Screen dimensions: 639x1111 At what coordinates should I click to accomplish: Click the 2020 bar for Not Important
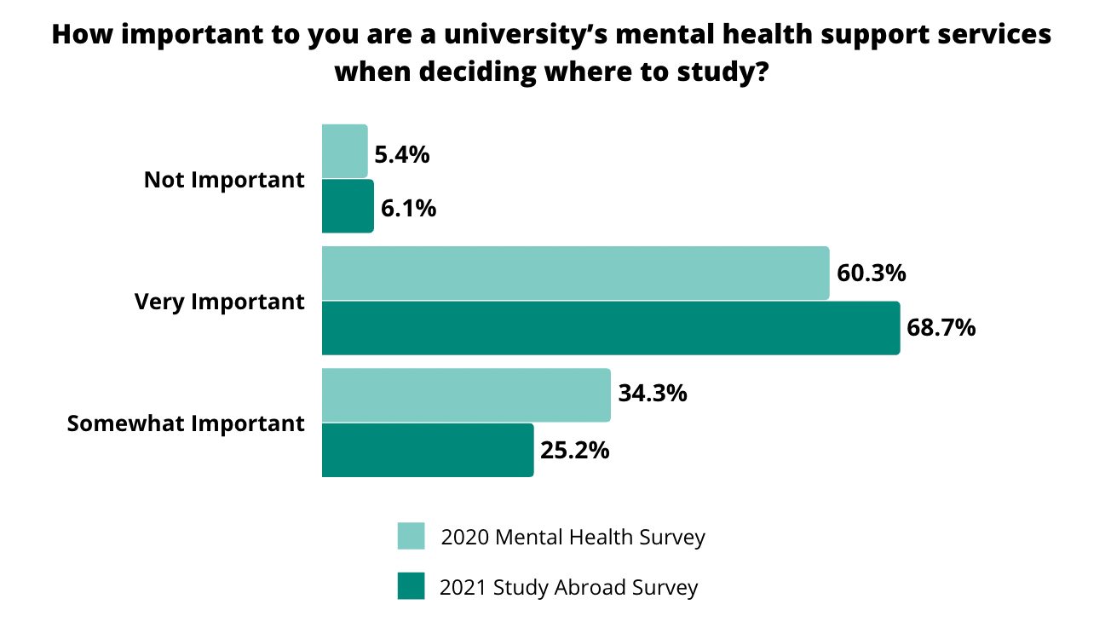344,152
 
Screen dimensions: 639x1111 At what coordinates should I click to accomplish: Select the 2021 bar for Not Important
348,205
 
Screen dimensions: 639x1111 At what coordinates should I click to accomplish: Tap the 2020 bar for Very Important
575,273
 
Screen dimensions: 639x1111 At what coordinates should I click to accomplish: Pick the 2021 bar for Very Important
610,328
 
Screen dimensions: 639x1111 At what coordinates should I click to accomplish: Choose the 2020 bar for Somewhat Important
466,395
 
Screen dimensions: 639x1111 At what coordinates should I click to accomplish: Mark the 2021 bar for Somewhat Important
428,450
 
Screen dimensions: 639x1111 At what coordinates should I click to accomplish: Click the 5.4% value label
401,155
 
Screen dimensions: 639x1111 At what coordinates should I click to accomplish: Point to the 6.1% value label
408,209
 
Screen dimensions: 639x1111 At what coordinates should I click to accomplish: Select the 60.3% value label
870,274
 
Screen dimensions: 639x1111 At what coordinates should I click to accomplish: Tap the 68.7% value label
941,328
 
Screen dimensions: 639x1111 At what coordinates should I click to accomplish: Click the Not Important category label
224,180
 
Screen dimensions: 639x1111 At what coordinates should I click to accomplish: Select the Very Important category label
219,302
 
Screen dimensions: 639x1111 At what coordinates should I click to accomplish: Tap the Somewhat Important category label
186,423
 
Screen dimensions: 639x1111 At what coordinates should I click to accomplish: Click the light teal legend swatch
411,537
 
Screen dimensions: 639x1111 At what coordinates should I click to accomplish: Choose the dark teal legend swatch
411,586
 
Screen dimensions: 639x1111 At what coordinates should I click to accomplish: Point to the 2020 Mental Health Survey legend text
573,538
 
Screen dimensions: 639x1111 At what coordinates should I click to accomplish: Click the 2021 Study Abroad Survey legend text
568,587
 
